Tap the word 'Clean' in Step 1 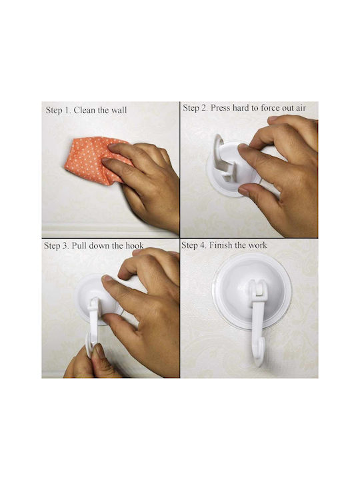click(85, 110)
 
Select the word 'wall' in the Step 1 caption click(119, 110)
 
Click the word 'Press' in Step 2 click(221, 108)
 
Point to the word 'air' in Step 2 click(301, 109)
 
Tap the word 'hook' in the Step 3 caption click(135, 246)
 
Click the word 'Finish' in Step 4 click(220, 245)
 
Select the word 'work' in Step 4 click(257, 245)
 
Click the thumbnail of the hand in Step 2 click(244, 191)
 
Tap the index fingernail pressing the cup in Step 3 click(107, 278)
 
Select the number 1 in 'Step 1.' click(67, 110)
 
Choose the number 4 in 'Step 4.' click(203, 245)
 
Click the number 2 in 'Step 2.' click(205, 108)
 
